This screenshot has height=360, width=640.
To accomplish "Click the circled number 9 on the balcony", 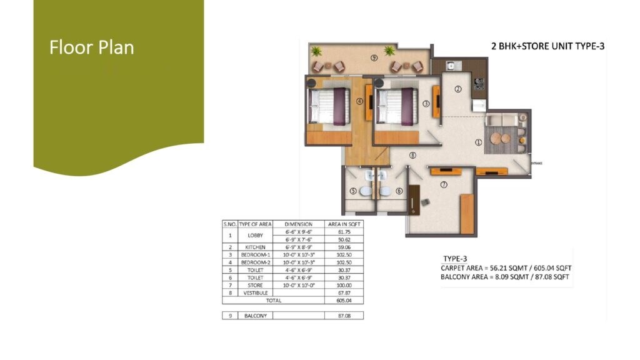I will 374,58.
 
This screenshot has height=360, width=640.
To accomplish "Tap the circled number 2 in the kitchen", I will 457,89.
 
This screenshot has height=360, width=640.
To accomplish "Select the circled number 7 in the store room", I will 443,185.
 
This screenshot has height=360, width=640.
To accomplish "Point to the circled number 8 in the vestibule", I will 412,156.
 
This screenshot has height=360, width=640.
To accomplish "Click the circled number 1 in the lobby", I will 479,142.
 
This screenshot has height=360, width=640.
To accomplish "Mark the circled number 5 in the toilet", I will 353,191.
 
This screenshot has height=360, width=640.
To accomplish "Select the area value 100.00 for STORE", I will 344,284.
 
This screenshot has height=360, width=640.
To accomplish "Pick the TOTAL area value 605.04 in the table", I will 344,300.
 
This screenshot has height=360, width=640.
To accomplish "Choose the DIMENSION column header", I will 297,223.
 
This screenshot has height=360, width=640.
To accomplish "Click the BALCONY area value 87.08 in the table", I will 344,316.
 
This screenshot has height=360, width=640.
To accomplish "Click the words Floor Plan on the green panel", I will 92,47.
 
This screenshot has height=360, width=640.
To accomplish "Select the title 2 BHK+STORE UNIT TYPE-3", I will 547,46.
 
